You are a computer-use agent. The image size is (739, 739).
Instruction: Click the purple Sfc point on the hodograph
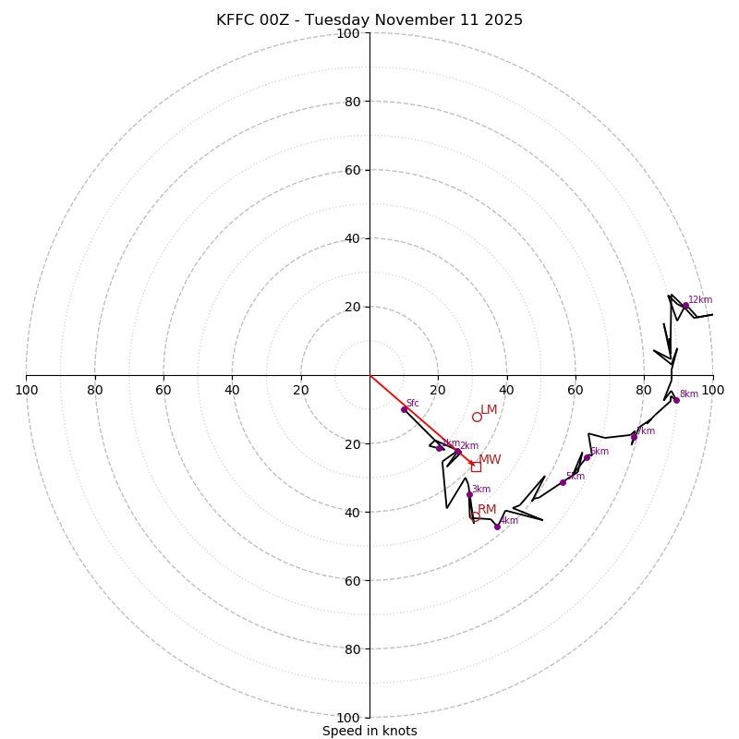[404, 409]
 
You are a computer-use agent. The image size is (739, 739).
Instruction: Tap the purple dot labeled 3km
[469, 494]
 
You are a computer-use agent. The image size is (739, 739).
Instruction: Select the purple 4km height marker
[497, 527]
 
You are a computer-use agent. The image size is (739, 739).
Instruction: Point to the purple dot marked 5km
[563, 482]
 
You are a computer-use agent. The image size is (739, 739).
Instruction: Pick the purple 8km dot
[676, 400]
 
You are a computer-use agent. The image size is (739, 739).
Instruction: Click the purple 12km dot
[685, 306]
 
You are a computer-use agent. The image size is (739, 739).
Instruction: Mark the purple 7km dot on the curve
[634, 436]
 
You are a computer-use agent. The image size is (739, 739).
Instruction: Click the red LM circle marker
[477, 417]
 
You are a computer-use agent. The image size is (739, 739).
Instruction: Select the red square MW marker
[476, 466]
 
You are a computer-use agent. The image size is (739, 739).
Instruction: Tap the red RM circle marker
[475, 517]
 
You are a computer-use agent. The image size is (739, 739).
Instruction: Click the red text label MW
[490, 460]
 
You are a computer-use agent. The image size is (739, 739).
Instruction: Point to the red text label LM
[489, 410]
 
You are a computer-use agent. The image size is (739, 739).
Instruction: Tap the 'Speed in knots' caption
[369, 731]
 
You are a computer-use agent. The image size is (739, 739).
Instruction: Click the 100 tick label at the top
[348, 34]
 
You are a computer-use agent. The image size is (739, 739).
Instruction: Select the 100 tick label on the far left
[26, 390]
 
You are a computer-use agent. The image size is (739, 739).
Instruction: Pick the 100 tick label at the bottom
[348, 718]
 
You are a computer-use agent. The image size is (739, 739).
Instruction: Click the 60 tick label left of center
[164, 390]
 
